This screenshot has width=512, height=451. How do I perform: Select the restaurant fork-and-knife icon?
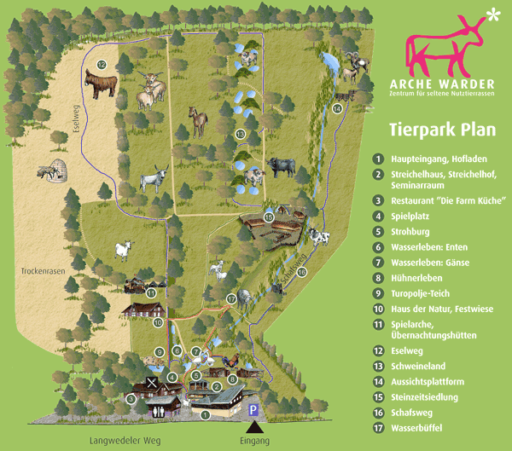click(152, 383)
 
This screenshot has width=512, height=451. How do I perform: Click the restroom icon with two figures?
click(160, 410)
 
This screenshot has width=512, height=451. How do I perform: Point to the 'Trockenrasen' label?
click(41, 272)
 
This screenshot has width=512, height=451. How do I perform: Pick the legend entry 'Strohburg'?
click(410, 231)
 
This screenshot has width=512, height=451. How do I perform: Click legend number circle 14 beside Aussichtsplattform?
click(378, 382)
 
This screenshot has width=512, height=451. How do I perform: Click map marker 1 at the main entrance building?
click(205, 415)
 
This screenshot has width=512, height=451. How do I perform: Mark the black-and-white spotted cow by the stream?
click(317, 238)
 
